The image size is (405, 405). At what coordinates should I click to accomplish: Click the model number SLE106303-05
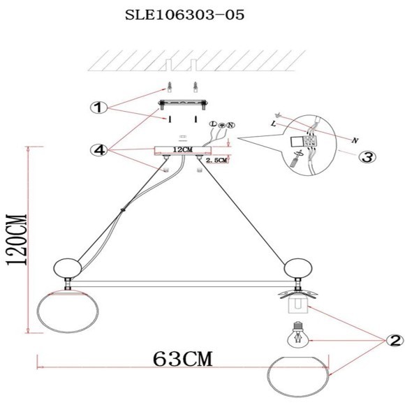click(x=184, y=15)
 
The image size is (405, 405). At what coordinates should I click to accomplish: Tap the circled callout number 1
click(x=99, y=108)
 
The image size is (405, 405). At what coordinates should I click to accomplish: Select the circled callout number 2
click(x=395, y=341)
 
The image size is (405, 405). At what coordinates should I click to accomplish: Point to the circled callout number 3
click(x=367, y=156)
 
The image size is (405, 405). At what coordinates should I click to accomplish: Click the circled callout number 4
click(x=99, y=150)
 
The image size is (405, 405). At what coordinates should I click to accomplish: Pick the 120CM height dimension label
click(x=17, y=240)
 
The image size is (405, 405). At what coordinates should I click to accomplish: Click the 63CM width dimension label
click(x=183, y=359)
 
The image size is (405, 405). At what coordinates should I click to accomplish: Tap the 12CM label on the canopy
click(x=182, y=149)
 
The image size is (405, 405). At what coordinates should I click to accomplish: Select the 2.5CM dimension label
click(x=216, y=160)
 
